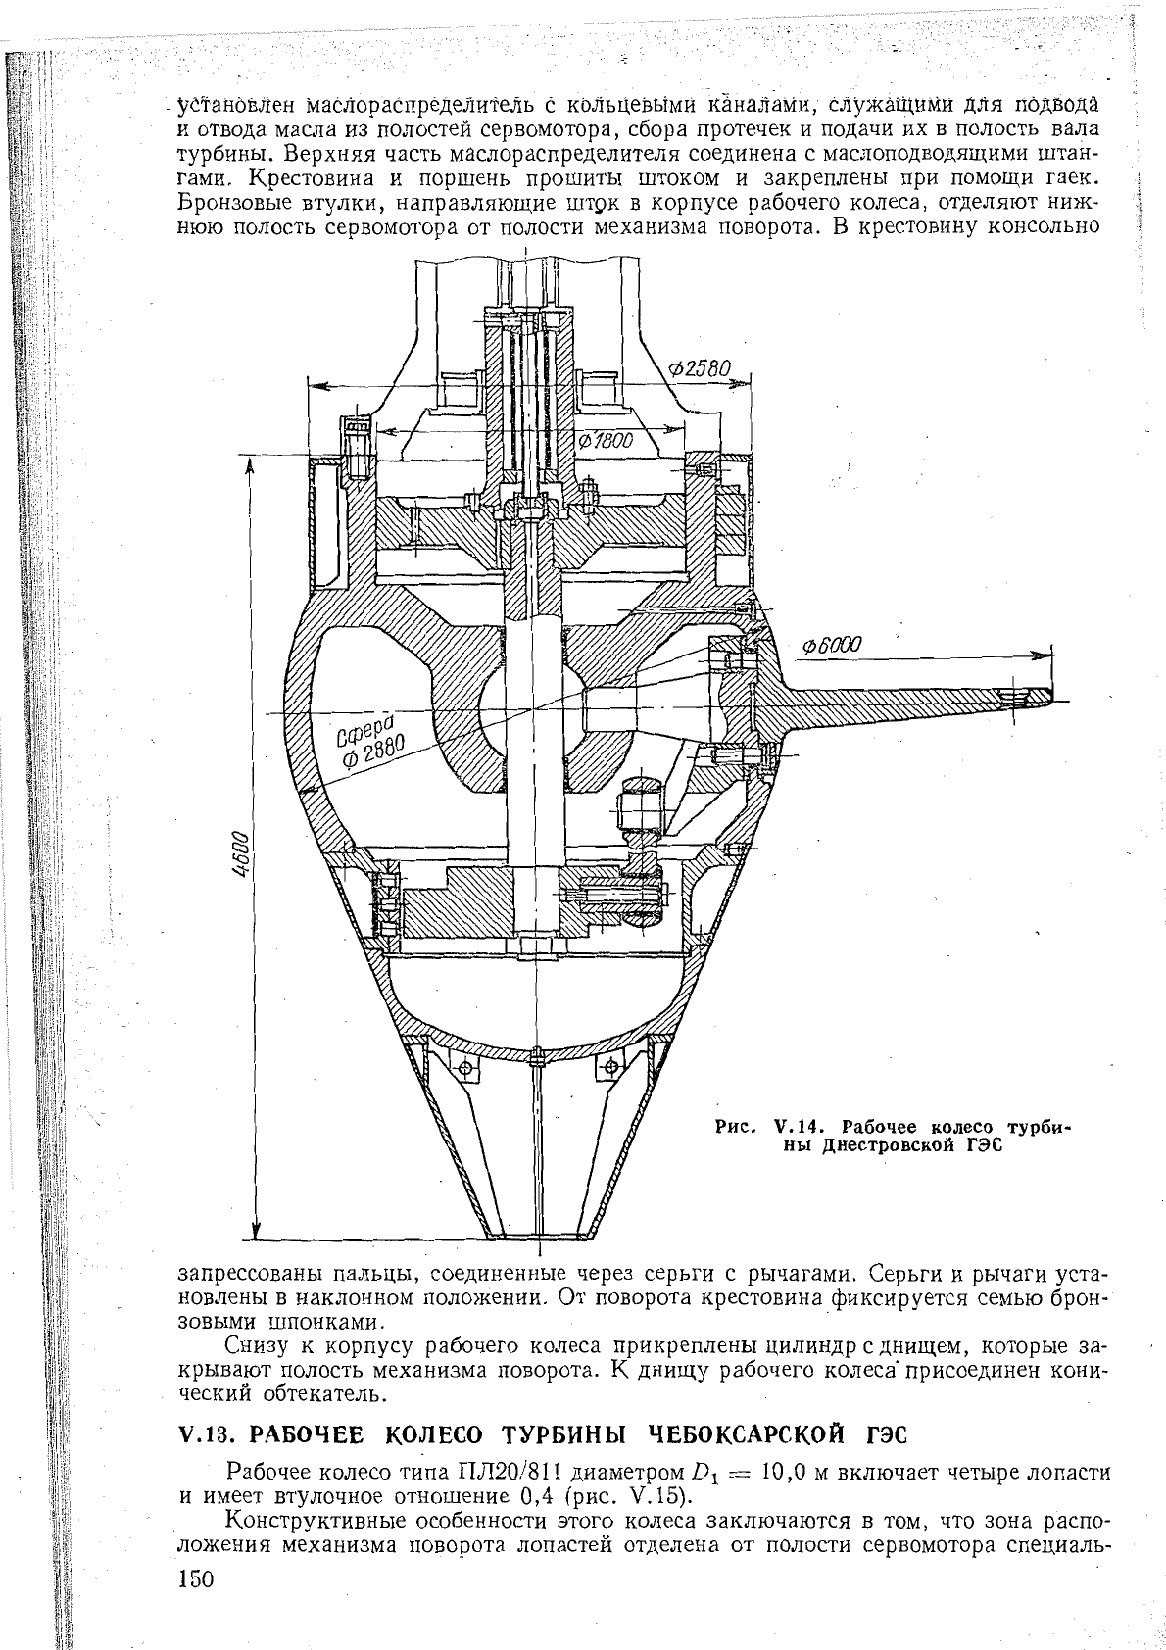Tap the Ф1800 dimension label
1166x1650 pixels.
[x=607, y=441]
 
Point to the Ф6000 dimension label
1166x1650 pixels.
[x=832, y=646]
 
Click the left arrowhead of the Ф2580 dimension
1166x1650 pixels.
[x=315, y=384]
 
